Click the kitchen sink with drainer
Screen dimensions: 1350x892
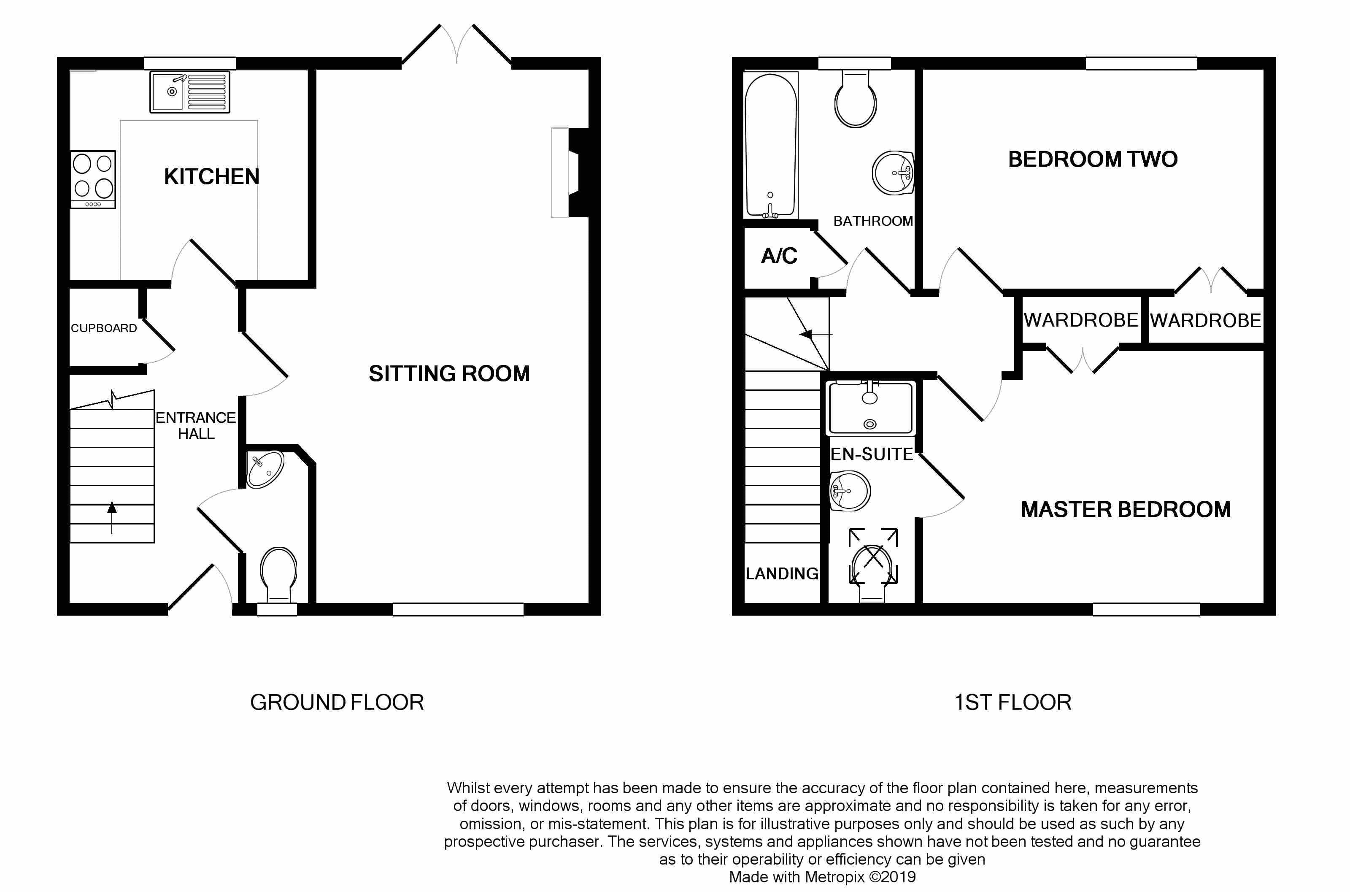click(x=190, y=92)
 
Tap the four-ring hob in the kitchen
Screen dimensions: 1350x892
click(x=93, y=179)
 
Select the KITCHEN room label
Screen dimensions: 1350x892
click(x=211, y=177)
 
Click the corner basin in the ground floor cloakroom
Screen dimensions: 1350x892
click(x=265, y=469)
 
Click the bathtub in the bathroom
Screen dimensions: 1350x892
click(x=770, y=146)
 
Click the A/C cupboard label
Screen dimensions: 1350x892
click(x=779, y=257)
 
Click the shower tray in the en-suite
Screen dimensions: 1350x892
click(x=871, y=408)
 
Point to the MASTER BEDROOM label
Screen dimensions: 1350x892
click(x=1126, y=510)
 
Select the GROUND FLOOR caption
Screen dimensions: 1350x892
click(x=337, y=703)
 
